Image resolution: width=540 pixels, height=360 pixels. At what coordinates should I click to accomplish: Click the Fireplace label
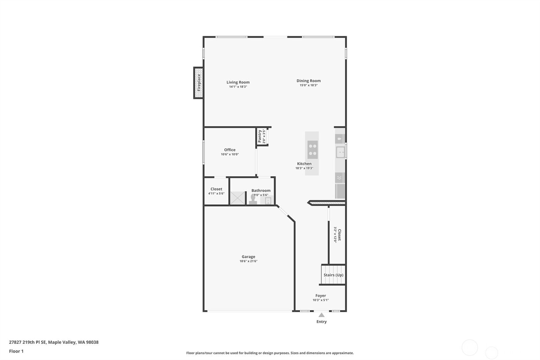tap(199, 82)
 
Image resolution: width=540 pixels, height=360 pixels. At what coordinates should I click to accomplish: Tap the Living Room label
tap(238, 82)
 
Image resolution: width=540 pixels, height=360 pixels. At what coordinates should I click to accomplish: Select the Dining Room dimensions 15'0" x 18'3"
tap(308, 85)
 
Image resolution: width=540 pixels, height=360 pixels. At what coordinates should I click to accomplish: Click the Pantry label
tap(260, 136)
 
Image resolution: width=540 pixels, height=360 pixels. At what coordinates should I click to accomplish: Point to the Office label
tap(230, 150)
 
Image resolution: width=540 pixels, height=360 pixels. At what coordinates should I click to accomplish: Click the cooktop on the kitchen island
tap(313, 150)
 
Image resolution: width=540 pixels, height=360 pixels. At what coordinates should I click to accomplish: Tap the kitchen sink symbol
tap(341, 152)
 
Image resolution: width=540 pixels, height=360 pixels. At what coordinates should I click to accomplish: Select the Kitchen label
tap(304, 163)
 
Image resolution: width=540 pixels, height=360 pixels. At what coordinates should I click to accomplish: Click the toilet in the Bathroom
tap(253, 199)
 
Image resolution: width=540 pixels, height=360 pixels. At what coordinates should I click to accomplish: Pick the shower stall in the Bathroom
tap(238, 198)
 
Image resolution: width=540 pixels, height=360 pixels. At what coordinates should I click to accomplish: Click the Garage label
tap(248, 257)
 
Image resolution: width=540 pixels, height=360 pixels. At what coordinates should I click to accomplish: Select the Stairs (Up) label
tap(333, 275)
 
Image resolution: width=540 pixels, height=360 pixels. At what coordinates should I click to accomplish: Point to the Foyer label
tap(321, 295)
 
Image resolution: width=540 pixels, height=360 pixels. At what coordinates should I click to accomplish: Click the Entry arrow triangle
tap(321, 315)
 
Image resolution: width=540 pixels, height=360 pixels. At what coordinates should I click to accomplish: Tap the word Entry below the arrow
tap(322, 322)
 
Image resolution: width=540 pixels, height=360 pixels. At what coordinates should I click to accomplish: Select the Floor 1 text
tap(17, 351)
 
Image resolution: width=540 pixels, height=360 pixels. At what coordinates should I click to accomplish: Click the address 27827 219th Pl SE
tap(27, 342)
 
